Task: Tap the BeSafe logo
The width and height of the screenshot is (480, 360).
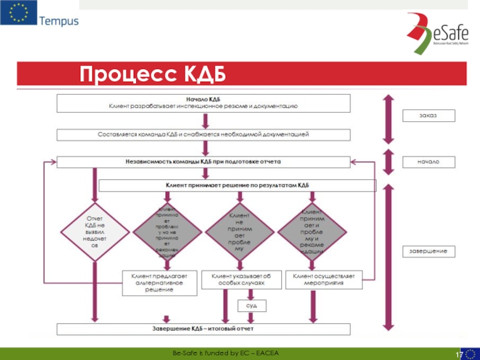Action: click(x=436, y=30)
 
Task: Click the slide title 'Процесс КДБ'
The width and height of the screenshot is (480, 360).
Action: click(x=153, y=75)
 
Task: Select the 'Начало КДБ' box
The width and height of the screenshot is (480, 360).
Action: click(x=203, y=103)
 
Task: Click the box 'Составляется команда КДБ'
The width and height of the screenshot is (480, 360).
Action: click(x=203, y=134)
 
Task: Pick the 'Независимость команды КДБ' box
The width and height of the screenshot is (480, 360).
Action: click(x=203, y=162)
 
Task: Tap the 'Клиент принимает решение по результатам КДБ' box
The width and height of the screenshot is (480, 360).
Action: click(x=237, y=185)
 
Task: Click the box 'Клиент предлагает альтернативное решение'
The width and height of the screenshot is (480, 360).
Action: click(x=159, y=283)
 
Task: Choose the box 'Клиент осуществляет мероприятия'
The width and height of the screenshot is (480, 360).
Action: click(x=323, y=279)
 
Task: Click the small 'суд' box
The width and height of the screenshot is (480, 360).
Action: click(x=252, y=306)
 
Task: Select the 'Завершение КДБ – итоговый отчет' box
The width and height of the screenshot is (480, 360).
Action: click(x=203, y=329)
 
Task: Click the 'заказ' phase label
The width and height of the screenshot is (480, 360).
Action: click(x=428, y=115)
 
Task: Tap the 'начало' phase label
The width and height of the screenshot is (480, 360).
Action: click(x=428, y=162)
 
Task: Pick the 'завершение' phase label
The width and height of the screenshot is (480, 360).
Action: click(x=428, y=251)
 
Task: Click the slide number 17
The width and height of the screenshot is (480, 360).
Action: click(x=458, y=355)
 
